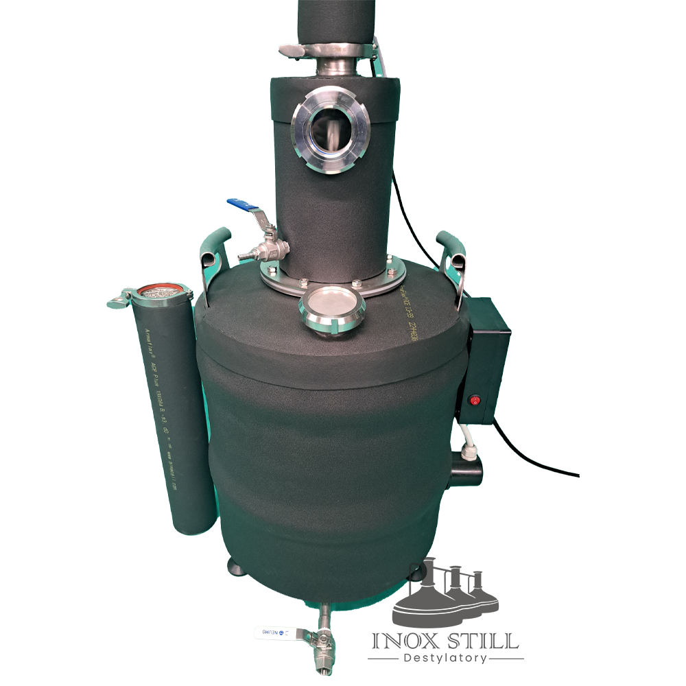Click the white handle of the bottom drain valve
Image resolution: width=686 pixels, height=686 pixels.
(274, 632)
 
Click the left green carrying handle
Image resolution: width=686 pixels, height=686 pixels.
(211, 251)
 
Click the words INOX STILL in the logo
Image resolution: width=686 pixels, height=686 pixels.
(445, 641)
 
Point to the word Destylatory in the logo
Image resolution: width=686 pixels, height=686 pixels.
(445, 659)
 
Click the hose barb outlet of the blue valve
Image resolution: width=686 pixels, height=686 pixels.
(245, 256)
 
